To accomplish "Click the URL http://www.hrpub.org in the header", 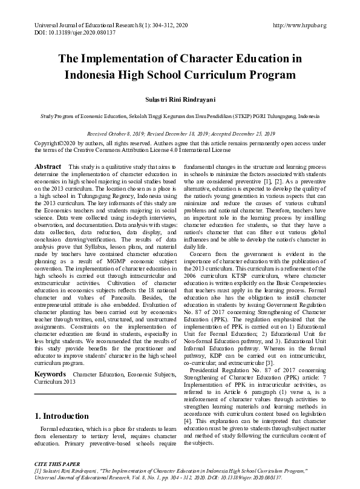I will coord(299,25).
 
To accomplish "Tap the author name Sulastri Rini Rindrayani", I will coord(180,97).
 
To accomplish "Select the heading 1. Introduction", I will coord(63,399).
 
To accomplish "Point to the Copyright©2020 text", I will coord(57,143).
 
